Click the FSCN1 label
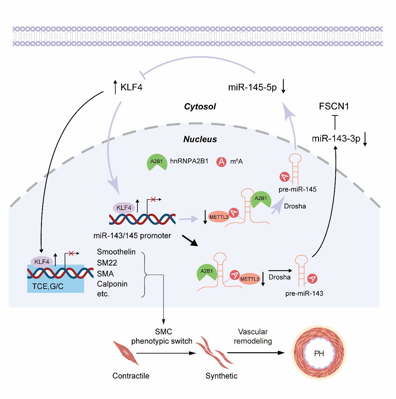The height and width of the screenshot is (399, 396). [x=334, y=106]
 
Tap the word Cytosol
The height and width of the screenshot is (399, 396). [x=200, y=106]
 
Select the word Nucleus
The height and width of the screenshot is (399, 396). [x=200, y=139]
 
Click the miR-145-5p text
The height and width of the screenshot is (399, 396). [x=252, y=87]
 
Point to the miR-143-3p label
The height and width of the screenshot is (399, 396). [x=336, y=139]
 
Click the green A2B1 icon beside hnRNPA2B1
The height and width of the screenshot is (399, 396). [x=157, y=162]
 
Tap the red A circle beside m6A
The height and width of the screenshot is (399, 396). [x=222, y=162]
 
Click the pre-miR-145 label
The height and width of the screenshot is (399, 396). [x=298, y=189]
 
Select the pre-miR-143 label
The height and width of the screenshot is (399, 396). [x=304, y=293]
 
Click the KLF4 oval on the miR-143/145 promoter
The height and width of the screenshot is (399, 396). [x=124, y=208]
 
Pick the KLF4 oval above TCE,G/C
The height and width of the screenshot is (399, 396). [x=42, y=262]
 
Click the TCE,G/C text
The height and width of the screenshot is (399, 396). [x=48, y=286]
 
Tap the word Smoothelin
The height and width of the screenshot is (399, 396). [x=116, y=252]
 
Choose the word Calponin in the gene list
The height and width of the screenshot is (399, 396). [x=112, y=284]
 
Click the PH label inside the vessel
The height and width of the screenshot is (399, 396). [x=319, y=354]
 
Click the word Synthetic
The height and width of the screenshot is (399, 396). [x=221, y=376]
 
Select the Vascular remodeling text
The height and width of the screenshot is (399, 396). [x=253, y=336]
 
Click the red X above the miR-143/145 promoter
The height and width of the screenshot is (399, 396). [x=153, y=199]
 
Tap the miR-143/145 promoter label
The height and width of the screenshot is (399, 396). [x=132, y=236]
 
